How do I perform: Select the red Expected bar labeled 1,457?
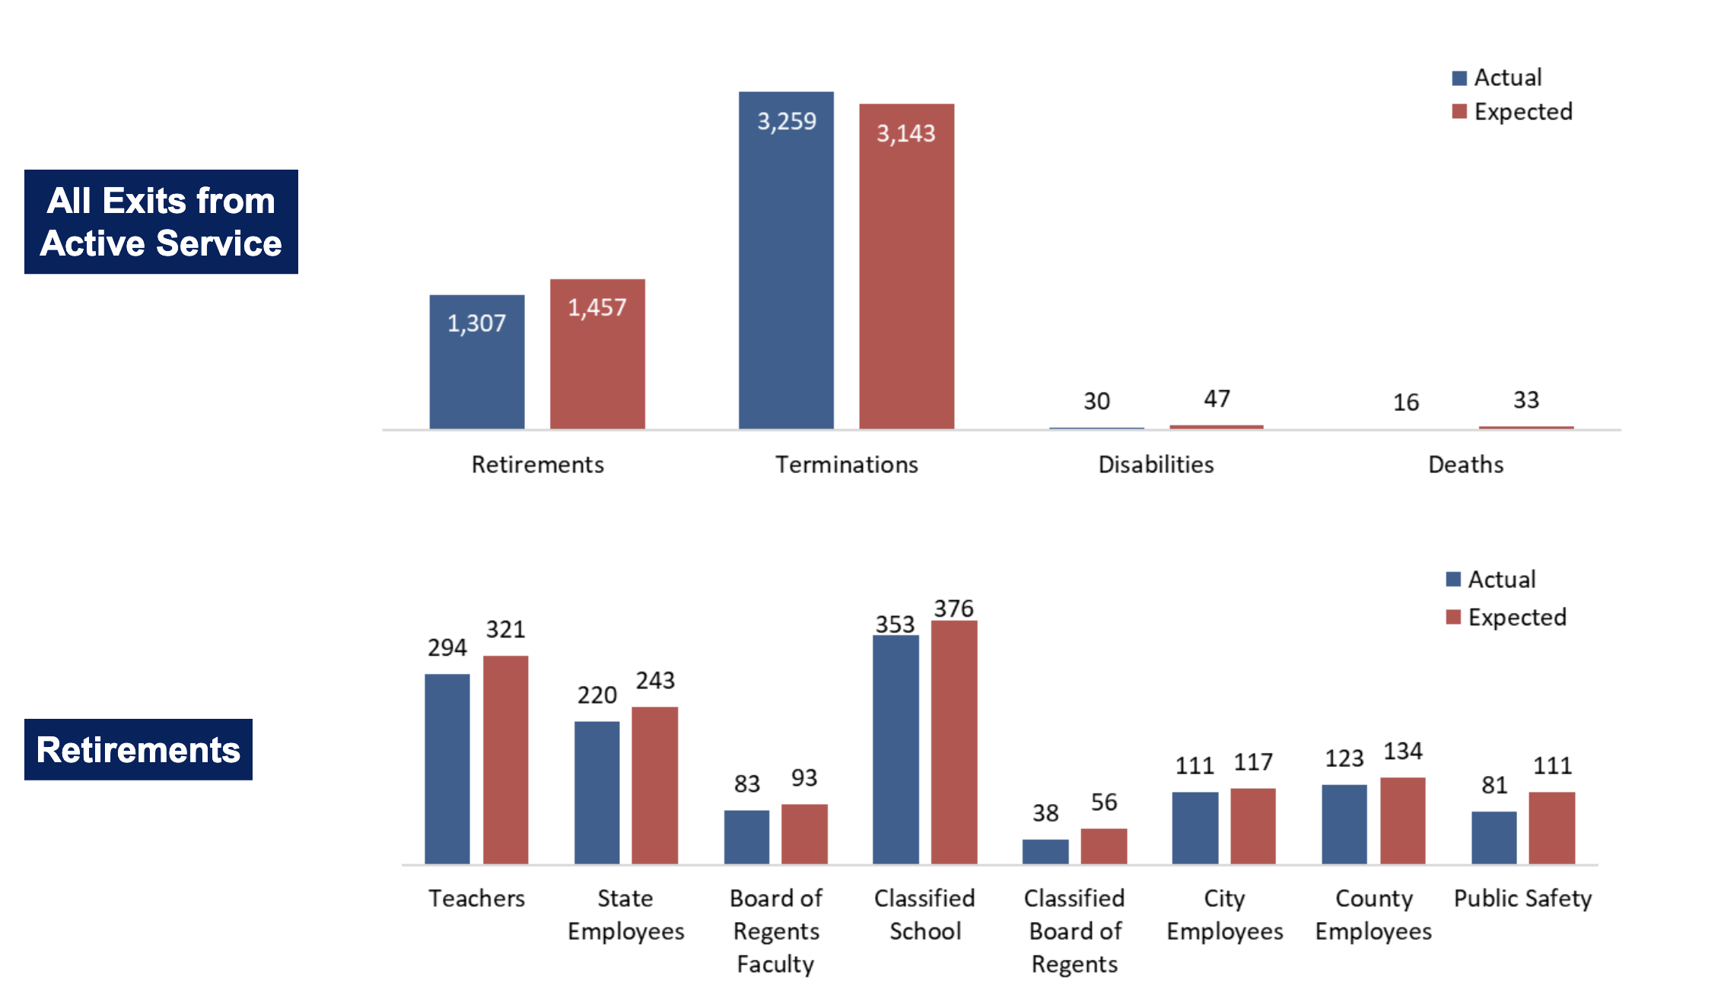click(597, 358)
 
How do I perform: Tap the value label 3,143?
click(905, 134)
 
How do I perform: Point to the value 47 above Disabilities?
click(1217, 399)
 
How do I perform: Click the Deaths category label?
click(1465, 465)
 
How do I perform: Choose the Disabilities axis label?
click(1156, 465)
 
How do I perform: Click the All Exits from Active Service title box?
click(161, 221)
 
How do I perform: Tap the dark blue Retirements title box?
click(138, 749)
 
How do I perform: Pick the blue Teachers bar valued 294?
click(447, 768)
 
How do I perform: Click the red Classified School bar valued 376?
click(954, 742)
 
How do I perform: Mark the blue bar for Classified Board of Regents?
click(1045, 851)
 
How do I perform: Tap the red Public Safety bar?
click(1551, 828)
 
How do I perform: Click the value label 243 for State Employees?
click(655, 681)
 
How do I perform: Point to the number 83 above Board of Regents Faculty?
click(746, 784)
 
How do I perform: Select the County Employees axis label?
click(1373, 914)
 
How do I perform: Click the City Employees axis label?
click(1224, 914)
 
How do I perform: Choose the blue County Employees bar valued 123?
click(1344, 824)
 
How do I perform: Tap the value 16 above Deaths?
click(1405, 402)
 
